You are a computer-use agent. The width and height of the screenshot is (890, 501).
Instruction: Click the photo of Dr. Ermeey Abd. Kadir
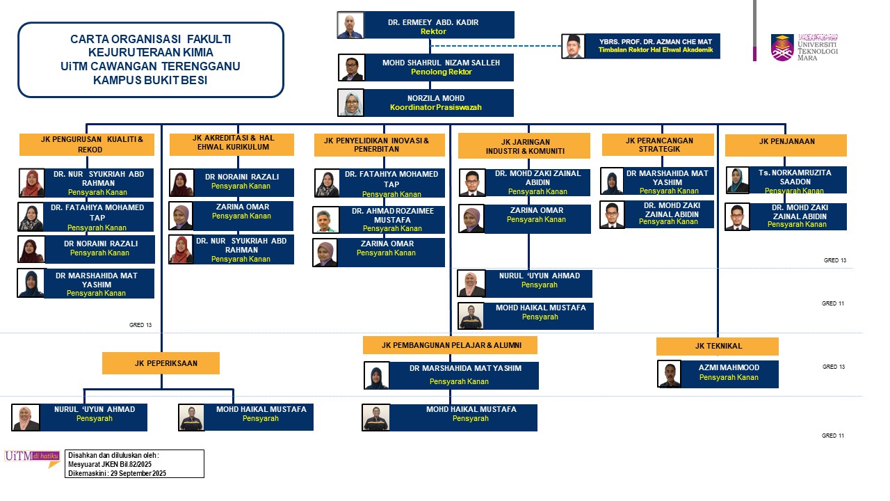350,25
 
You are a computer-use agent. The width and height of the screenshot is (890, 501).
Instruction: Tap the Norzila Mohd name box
438,102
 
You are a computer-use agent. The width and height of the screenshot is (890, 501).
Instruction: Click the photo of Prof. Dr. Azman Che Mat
573,46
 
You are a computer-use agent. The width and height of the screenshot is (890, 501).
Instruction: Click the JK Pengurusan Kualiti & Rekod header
91,144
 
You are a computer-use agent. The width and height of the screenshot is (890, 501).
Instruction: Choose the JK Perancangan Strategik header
658,144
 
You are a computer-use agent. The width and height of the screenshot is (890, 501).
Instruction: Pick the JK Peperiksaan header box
161,363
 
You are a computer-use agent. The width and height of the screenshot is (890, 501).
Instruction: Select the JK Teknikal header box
718,346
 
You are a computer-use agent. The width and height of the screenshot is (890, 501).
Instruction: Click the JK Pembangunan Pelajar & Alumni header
451,345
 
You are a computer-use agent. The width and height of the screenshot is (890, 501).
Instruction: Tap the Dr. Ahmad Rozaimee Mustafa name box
391,219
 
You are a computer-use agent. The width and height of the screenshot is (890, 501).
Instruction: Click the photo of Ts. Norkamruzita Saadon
738,180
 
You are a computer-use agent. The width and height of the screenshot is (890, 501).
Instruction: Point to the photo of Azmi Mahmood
669,374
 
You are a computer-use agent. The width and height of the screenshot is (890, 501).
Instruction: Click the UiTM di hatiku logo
31,458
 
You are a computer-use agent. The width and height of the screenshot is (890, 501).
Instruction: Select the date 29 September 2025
138,473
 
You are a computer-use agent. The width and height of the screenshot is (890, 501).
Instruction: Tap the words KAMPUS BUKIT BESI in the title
150,80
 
